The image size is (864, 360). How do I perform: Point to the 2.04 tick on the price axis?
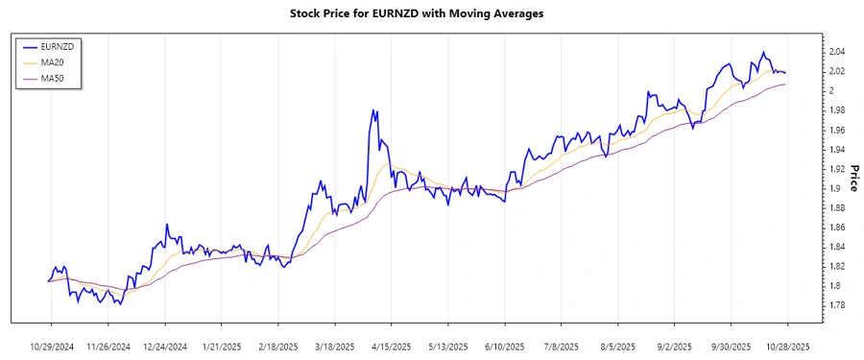(x=836, y=52)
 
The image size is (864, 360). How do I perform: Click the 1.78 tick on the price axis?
(x=836, y=305)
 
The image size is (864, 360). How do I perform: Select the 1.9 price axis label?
(x=833, y=188)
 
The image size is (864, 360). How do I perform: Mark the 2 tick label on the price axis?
(x=830, y=91)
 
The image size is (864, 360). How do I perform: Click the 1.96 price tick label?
(x=836, y=130)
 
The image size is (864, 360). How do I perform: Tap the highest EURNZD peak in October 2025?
(x=764, y=52)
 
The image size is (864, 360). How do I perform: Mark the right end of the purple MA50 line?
(x=786, y=84)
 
